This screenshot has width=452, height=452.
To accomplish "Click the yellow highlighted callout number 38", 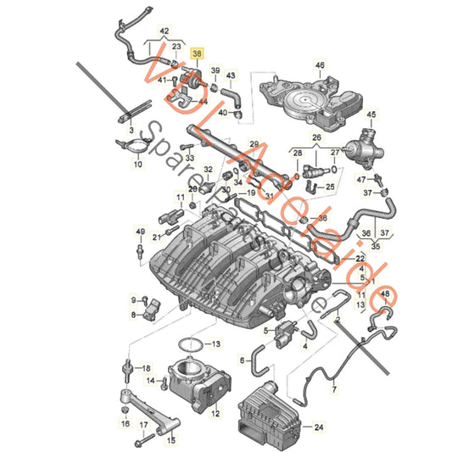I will (x=198, y=53).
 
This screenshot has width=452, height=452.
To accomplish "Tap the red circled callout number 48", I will (x=386, y=294).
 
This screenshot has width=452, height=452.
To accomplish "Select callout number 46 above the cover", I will (x=320, y=64).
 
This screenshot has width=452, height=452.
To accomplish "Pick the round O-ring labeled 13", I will (x=194, y=344).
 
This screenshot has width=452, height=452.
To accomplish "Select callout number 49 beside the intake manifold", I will (x=139, y=231).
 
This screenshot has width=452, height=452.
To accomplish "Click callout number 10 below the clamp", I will (x=138, y=165).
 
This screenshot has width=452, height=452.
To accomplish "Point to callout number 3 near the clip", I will (x=131, y=132).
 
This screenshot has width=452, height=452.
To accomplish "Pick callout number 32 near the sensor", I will (x=208, y=170).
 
